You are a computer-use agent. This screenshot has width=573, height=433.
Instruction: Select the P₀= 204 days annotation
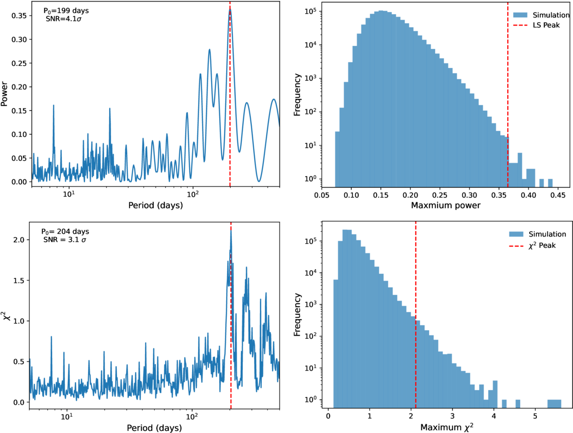pos(65,232)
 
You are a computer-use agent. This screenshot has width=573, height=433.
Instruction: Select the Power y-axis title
pos(5,94)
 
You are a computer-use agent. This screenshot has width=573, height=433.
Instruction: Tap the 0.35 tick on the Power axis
pos(19,16)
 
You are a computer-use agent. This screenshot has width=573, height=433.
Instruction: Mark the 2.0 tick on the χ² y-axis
pos(20,240)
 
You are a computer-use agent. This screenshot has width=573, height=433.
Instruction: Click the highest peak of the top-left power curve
pos(230,10)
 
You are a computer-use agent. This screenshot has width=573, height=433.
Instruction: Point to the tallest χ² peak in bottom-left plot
pos(231,230)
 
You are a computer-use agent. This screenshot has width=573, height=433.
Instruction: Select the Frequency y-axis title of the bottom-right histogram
pos(298,315)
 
